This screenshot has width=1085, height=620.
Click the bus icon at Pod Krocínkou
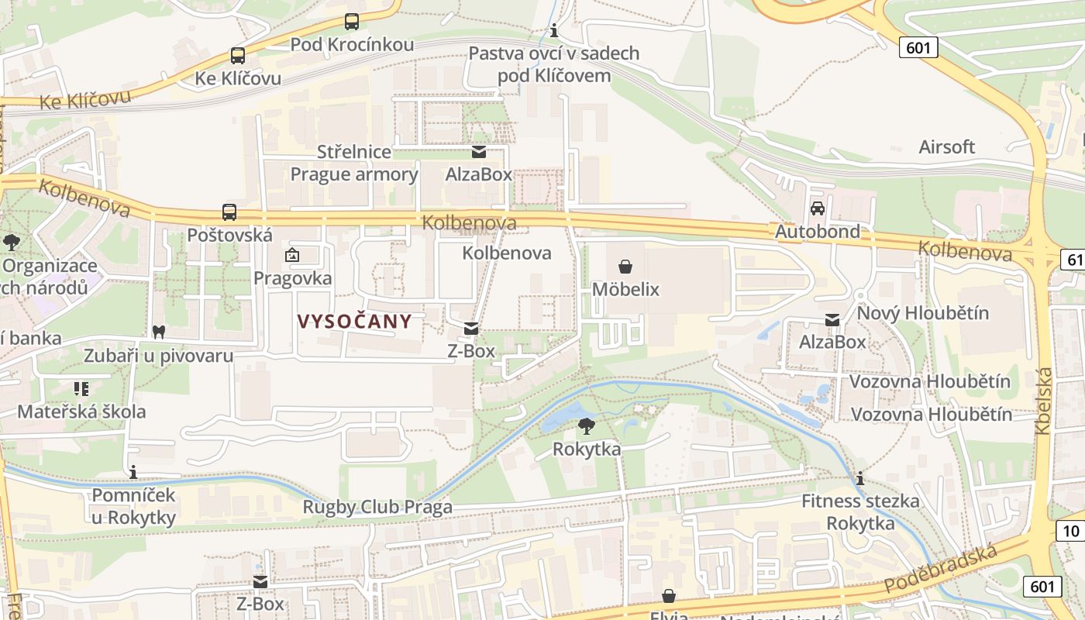point(352,22)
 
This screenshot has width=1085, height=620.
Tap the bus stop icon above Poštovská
point(229,212)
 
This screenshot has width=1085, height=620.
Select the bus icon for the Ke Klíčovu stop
point(238,56)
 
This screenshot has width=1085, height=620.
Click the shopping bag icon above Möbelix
point(625,267)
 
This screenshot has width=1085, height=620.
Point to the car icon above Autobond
point(818,208)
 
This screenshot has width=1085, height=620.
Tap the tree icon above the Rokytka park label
point(587,425)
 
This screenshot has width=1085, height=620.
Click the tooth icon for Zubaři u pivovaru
point(159,332)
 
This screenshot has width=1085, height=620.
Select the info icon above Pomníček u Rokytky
point(133,471)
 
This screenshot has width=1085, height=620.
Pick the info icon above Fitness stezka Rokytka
point(860,478)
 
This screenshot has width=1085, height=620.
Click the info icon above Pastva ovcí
point(554,31)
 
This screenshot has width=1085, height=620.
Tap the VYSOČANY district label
point(355,322)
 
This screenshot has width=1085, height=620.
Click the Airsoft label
point(946,147)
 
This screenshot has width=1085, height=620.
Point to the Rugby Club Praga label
point(377,508)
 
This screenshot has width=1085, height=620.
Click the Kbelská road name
point(1043,400)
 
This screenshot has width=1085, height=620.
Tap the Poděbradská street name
point(940,569)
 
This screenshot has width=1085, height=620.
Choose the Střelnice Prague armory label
point(354,163)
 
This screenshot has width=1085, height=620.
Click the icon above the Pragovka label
point(293,255)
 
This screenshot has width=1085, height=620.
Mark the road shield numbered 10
point(1070,531)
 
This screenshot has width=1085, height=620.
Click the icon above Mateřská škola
point(81,388)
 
